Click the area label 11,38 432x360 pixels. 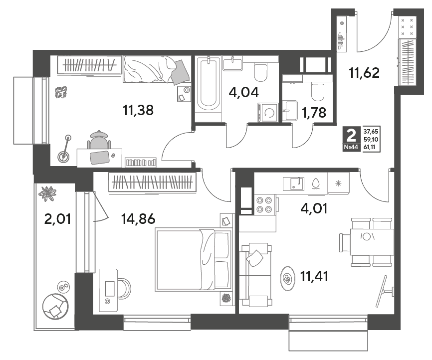[x=138, y=111]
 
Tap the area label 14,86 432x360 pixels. [x=138, y=219]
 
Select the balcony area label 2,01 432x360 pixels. [x=57, y=219]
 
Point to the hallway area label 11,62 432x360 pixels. [x=364, y=73]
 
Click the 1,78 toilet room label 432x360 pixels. [x=314, y=112]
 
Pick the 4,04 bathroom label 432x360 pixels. [x=243, y=92]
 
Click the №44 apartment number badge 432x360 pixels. [x=351, y=148]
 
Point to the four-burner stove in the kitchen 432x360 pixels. [x=264, y=205]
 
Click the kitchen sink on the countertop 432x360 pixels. [x=293, y=183]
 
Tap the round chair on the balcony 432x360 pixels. [x=55, y=306]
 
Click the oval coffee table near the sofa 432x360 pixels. [x=288, y=278]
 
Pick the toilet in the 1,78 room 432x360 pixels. [x=318, y=92]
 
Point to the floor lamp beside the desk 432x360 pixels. [x=64, y=149]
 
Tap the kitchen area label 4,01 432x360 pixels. [x=314, y=208]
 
